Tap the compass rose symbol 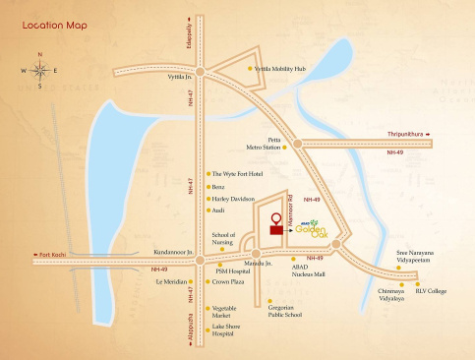[x=39, y=70]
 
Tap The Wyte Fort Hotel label [x=238, y=173]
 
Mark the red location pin [x=277, y=218]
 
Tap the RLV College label [x=430, y=290]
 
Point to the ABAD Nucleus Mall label [x=308, y=269]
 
